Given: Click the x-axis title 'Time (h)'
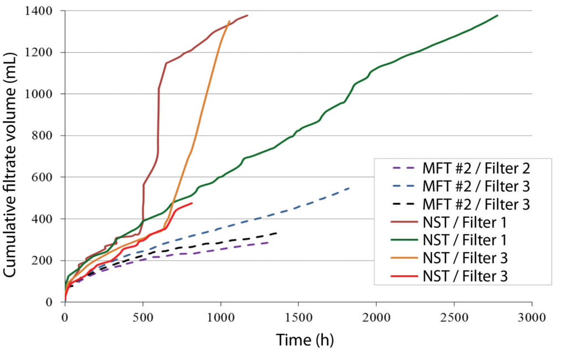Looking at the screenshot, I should pos(305,340).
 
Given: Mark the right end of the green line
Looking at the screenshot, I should pos(497,16).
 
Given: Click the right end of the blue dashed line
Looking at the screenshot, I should pos(349,188).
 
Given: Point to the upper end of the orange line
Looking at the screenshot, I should pos(229,22).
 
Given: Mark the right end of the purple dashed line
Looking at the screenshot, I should pos(269,242).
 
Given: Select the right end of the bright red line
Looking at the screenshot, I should pos(192,203).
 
